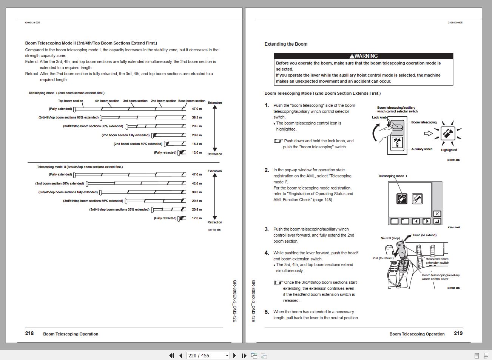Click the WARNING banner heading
point(363,56)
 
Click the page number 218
point(29,333)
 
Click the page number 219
point(458,333)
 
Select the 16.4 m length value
point(197,144)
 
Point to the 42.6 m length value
point(197,183)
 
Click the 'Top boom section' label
point(71,101)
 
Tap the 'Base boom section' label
point(192,101)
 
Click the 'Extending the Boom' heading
point(286,44)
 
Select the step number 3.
point(267,229)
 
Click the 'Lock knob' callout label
point(379,117)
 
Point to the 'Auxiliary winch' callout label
point(422,149)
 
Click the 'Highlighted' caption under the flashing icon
point(449,150)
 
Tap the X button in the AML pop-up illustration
point(437,214)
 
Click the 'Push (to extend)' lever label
point(424,235)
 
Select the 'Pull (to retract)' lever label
point(383,258)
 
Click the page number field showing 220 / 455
point(208,355)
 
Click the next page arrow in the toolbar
point(234,355)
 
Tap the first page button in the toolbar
point(171,355)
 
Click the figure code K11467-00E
point(214,229)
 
